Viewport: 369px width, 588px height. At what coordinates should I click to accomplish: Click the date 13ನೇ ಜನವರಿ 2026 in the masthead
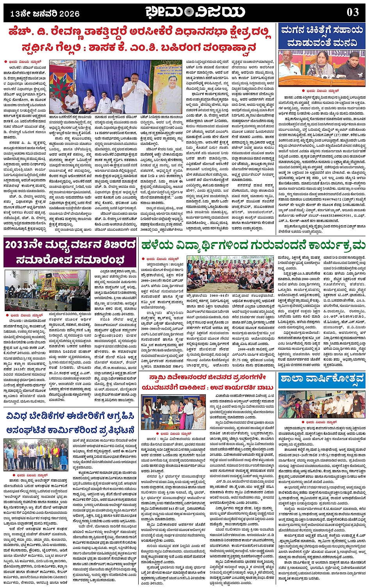pyautogui.click(x=45, y=14)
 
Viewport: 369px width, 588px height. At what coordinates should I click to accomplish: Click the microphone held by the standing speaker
pyautogui.click(x=134, y=85)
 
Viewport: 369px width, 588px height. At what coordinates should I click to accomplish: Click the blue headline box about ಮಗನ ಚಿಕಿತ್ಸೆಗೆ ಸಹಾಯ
pyautogui.click(x=322, y=36)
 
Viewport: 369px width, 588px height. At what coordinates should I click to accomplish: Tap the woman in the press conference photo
pyautogui.click(x=323, y=64)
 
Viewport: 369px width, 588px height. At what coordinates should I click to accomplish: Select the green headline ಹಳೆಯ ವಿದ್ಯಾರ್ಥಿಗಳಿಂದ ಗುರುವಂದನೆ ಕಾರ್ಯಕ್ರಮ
pyautogui.click(x=253, y=246)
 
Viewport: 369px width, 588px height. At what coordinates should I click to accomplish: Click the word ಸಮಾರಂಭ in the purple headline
pyautogui.click(x=98, y=259)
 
